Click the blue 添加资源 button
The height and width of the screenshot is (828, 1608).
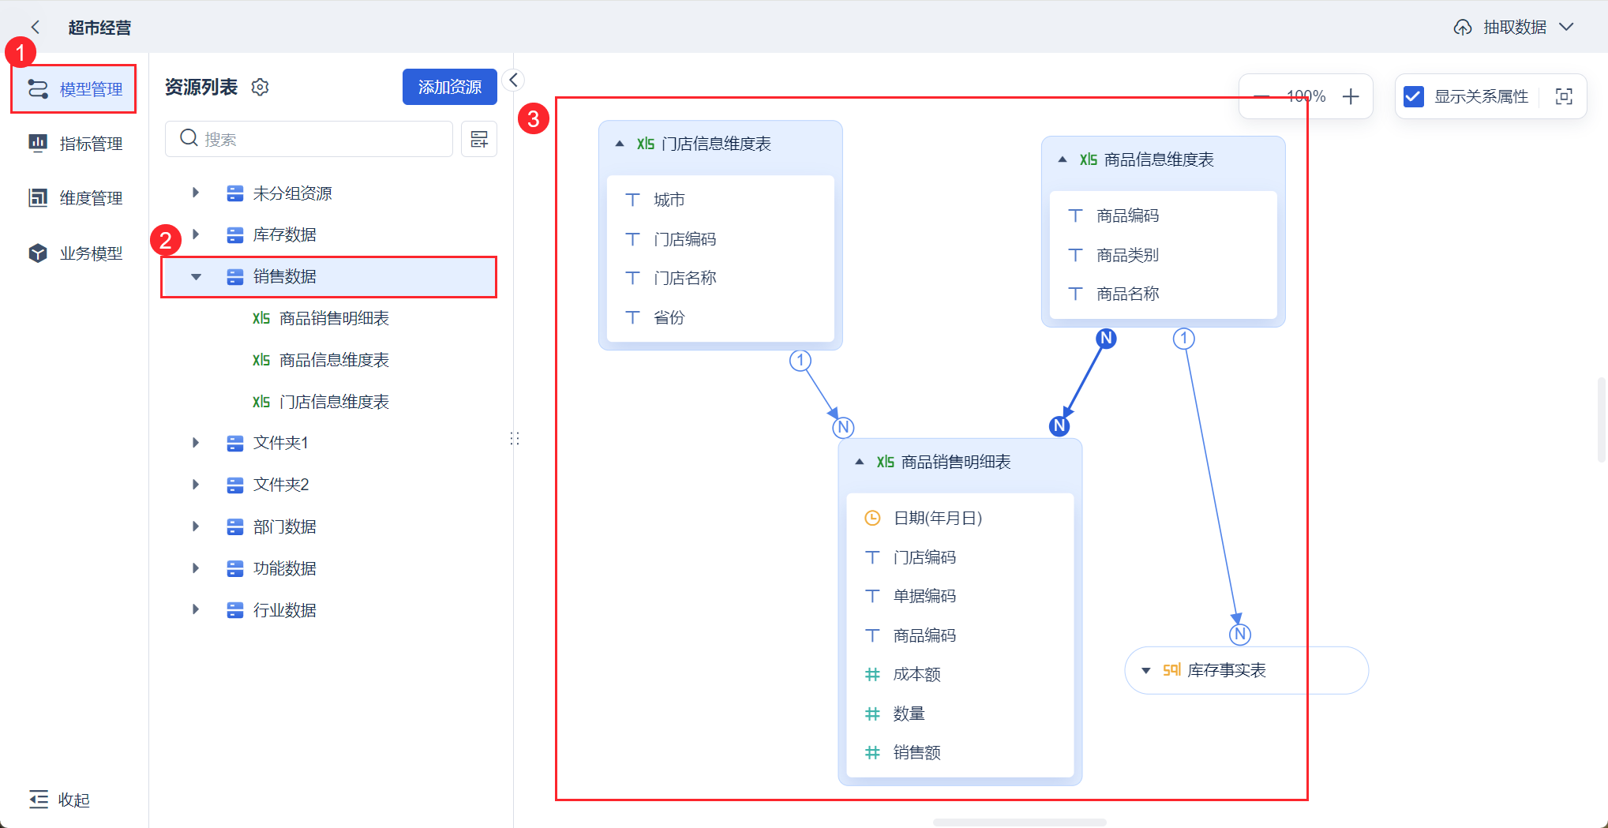click(449, 87)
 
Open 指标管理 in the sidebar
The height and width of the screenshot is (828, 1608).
click(76, 143)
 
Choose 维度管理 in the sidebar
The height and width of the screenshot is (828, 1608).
click(76, 198)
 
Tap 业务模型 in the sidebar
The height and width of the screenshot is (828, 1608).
click(76, 253)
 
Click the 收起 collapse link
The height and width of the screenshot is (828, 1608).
click(60, 800)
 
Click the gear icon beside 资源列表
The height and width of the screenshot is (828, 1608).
click(260, 87)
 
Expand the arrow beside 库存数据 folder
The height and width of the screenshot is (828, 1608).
click(196, 234)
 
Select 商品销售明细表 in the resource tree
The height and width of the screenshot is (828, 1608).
click(333, 318)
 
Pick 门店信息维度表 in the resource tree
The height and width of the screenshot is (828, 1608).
click(333, 402)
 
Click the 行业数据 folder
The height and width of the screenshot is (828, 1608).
click(284, 610)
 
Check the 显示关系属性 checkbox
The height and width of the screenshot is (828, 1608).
click(1413, 96)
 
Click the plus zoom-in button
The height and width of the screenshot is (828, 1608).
click(1351, 96)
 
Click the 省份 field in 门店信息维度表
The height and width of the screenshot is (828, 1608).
click(669, 317)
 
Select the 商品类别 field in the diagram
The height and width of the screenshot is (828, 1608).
click(1127, 255)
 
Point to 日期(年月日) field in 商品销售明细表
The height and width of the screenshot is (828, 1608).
click(937, 518)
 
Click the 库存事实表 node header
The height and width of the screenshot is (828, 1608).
click(1227, 670)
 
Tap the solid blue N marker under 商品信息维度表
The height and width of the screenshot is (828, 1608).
click(1106, 339)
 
